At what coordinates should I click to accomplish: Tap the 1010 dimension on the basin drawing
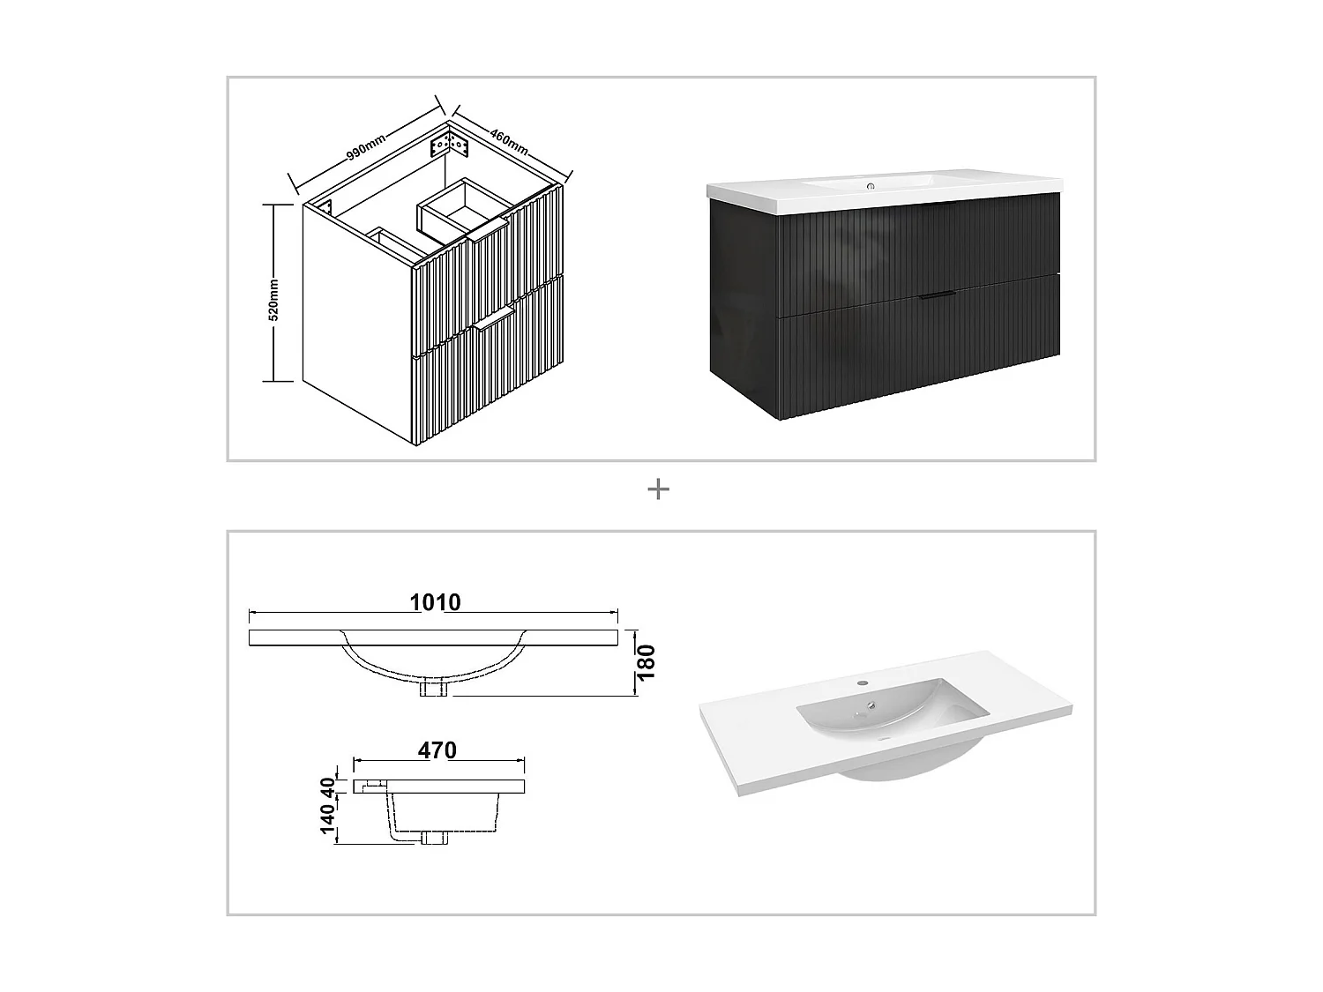tap(435, 602)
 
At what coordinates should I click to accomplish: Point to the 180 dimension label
tap(647, 662)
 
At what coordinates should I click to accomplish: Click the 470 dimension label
tap(437, 750)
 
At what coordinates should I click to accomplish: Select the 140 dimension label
tap(328, 819)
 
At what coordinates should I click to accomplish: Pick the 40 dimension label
tap(328, 786)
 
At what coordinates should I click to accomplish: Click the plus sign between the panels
tap(658, 489)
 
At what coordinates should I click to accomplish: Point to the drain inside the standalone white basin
tap(871, 705)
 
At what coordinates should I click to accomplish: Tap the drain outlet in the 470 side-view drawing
tap(435, 838)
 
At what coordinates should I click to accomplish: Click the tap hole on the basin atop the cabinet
tap(871, 186)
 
